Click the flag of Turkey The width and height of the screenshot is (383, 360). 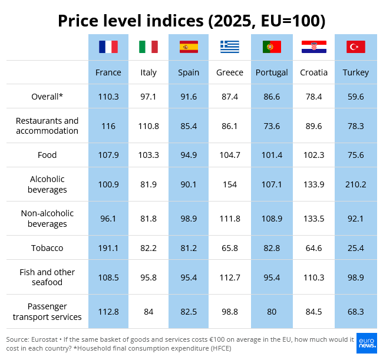click(x=356, y=47)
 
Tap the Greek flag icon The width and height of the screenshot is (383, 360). click(x=230, y=47)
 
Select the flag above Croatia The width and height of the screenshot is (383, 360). click(x=314, y=47)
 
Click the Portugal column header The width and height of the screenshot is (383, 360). click(x=272, y=72)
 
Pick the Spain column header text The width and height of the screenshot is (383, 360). click(x=189, y=72)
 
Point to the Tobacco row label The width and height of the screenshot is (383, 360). click(x=47, y=248)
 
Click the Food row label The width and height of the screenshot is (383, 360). click(x=47, y=155)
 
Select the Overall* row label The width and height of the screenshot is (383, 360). click(x=47, y=97)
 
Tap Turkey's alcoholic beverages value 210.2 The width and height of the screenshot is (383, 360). click(x=356, y=184)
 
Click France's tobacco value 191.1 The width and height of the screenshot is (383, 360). click(x=108, y=248)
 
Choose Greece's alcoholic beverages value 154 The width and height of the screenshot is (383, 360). click(x=230, y=184)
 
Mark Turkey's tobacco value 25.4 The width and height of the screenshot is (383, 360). click(x=356, y=248)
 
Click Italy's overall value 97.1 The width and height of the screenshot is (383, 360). click(x=148, y=97)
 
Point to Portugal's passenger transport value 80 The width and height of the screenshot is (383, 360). click(x=272, y=312)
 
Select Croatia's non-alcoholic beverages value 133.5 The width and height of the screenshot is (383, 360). click(x=314, y=219)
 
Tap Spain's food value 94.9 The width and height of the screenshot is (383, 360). click(x=189, y=155)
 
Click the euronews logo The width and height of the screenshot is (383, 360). click(x=367, y=343)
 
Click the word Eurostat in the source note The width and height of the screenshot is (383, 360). click(x=44, y=339)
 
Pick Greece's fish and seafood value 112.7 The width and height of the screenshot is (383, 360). click(x=230, y=278)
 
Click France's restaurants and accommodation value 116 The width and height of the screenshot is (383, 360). click(x=108, y=126)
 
